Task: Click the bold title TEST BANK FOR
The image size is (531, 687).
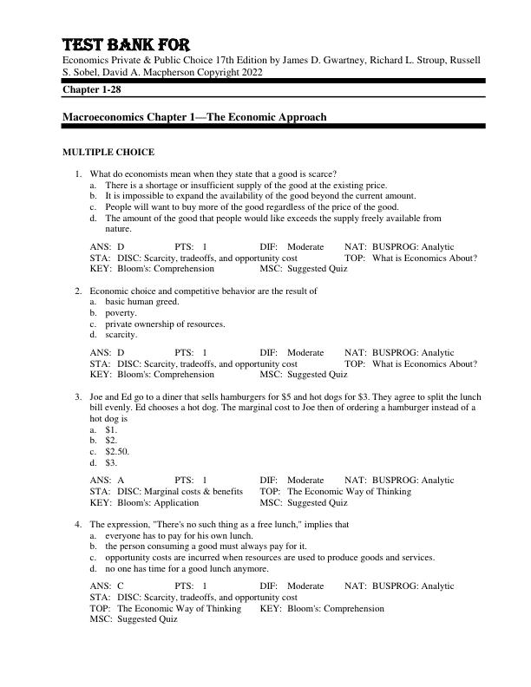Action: (x=125, y=44)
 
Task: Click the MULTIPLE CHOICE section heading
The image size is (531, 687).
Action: (x=108, y=152)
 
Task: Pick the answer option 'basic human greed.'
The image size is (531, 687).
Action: (x=142, y=302)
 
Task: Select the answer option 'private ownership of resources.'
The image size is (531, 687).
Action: (x=165, y=324)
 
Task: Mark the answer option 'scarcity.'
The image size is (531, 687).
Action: (x=121, y=335)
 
